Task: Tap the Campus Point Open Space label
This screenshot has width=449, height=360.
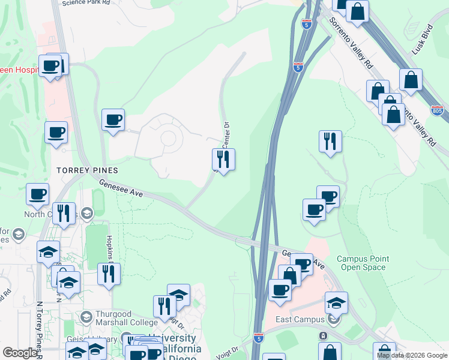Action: coord(363,263)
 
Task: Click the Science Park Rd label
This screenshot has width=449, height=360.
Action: coord(86,3)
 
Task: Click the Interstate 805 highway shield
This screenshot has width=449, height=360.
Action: coord(438,111)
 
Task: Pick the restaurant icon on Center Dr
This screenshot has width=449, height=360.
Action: coord(223,160)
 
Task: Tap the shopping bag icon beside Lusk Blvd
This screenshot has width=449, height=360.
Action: coord(411,80)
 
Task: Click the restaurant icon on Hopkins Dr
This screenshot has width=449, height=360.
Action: coord(109,274)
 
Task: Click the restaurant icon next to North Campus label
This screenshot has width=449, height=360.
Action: coord(64,213)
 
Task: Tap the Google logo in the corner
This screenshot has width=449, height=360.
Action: coord(20,353)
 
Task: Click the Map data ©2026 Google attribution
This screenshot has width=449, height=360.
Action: coord(412,355)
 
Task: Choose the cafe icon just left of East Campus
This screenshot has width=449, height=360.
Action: coord(279,291)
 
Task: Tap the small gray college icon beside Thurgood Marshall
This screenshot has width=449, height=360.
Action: coord(86,316)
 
